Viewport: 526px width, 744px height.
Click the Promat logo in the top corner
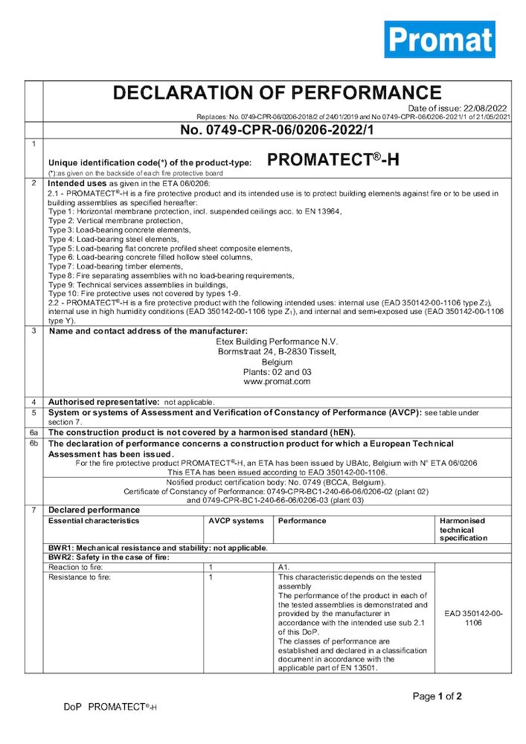439,39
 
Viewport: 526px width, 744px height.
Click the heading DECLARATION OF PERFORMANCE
277,93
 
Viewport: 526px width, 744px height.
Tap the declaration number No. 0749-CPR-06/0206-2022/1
277,130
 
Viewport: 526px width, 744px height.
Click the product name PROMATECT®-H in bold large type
333,159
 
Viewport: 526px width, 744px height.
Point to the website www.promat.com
277,382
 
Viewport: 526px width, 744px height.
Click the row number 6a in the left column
33,432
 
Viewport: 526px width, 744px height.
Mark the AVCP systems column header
236,521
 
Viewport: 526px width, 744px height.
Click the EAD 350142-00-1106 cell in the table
473,618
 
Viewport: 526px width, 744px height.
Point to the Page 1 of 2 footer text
437,696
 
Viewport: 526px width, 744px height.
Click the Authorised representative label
103,402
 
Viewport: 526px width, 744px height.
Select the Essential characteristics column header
94,521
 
